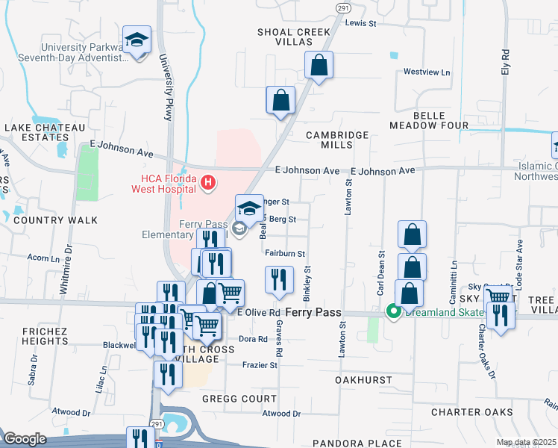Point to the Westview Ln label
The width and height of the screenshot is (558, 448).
pyautogui.click(x=427, y=72)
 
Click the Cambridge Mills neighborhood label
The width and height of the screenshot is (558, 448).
pyautogui.click(x=338, y=140)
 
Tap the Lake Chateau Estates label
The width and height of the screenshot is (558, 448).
pyautogui.click(x=45, y=132)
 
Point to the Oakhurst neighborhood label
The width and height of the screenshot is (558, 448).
pyautogui.click(x=363, y=380)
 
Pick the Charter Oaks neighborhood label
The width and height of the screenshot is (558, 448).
pyautogui.click(x=471, y=412)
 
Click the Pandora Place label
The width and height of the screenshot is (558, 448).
pyautogui.click(x=346, y=443)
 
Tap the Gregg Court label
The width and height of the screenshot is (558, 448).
pyautogui.click(x=239, y=399)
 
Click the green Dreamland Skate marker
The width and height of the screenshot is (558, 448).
pyautogui.click(x=392, y=312)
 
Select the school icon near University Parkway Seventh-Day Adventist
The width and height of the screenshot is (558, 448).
pyautogui.click(x=137, y=40)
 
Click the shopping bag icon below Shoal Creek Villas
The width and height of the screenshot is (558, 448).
pyautogui.click(x=319, y=66)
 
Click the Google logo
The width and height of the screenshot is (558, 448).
pyautogui.click(x=25, y=439)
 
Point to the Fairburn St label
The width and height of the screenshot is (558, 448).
pyautogui.click(x=285, y=254)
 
